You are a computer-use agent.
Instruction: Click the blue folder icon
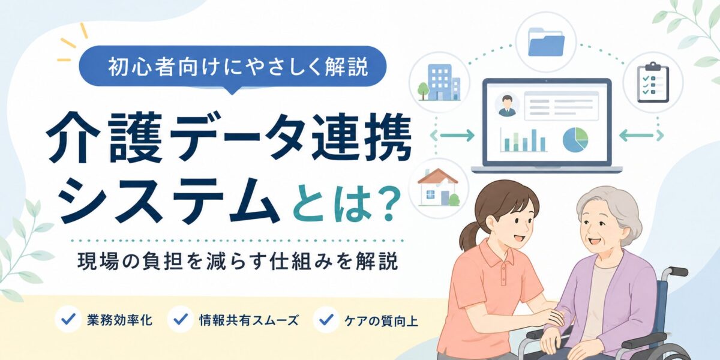click(x=547, y=42)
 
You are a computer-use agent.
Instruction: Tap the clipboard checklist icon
click(x=653, y=82)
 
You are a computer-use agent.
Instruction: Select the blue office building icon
click(x=439, y=82)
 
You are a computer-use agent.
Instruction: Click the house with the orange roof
click(x=439, y=187)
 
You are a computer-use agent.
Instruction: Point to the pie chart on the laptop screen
click(x=575, y=139)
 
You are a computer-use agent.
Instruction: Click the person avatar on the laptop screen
click(x=507, y=105)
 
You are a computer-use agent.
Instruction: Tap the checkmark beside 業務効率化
click(x=68, y=319)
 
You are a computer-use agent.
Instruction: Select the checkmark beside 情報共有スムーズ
click(x=181, y=319)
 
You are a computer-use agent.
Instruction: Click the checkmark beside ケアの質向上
click(x=326, y=319)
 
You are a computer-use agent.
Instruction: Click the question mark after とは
click(x=385, y=204)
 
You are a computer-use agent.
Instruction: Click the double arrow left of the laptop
click(x=452, y=136)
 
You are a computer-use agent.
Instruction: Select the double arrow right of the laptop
click(x=641, y=136)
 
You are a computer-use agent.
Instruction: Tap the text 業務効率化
click(x=119, y=320)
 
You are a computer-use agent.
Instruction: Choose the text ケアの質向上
click(x=381, y=320)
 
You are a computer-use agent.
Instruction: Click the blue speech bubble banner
click(x=232, y=67)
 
